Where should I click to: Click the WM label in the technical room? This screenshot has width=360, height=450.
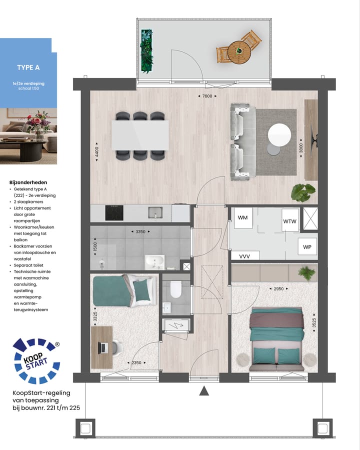click(243, 218)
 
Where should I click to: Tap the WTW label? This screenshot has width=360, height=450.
click(290, 221)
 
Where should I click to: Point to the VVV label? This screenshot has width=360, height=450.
click(244, 256)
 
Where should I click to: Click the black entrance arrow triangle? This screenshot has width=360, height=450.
click(204, 391)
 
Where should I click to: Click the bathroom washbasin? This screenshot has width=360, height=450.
click(154, 260)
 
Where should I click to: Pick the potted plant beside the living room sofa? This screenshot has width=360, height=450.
click(303, 192)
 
